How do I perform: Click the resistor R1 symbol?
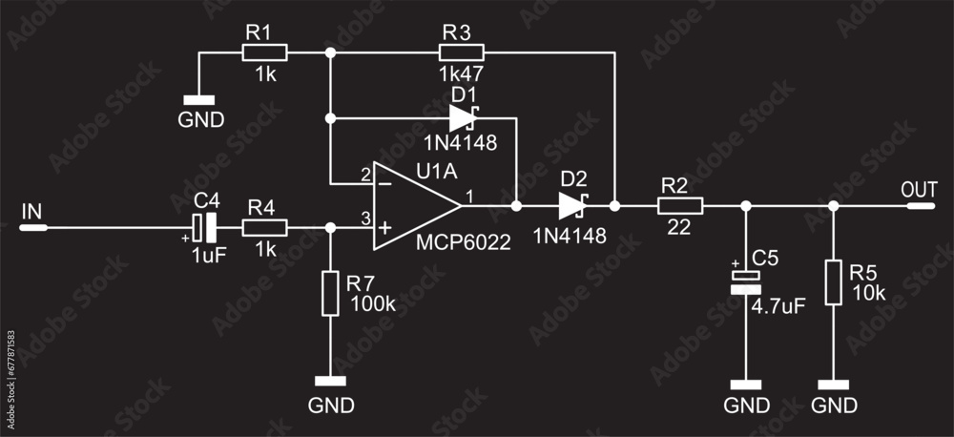[264, 52]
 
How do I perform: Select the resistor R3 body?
[462, 52]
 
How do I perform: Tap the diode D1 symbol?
[463, 119]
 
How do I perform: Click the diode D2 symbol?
[572, 204]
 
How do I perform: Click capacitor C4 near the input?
[204, 227]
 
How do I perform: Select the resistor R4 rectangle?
[264, 227]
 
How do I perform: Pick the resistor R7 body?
[330, 293]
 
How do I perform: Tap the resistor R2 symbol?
[680, 204]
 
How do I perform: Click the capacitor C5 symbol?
[746, 280]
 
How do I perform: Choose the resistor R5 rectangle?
[834, 282]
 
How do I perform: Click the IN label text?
[32, 212]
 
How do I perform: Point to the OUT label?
[920, 189]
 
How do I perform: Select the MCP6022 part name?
[464, 242]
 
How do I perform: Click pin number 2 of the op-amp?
[365, 175]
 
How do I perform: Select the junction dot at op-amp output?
[516, 204]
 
